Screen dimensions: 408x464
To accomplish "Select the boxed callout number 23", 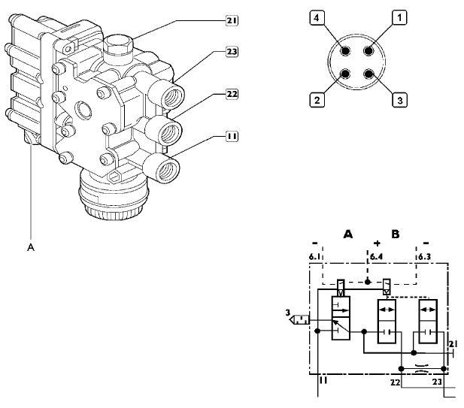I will tap(232, 53).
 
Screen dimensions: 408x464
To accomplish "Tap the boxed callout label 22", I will tap(232, 95).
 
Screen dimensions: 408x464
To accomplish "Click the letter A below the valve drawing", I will tap(32, 244).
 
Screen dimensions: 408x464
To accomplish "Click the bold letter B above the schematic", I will tap(396, 234).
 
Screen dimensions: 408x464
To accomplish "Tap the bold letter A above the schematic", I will tap(348, 234).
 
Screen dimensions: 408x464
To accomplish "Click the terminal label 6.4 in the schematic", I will tap(377, 257).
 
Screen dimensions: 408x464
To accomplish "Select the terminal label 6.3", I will tap(425, 257).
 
